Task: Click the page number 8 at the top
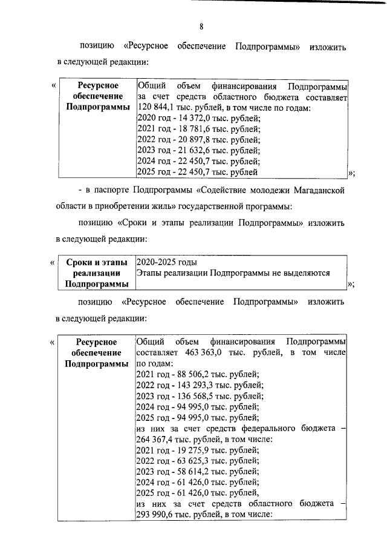[201, 26]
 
